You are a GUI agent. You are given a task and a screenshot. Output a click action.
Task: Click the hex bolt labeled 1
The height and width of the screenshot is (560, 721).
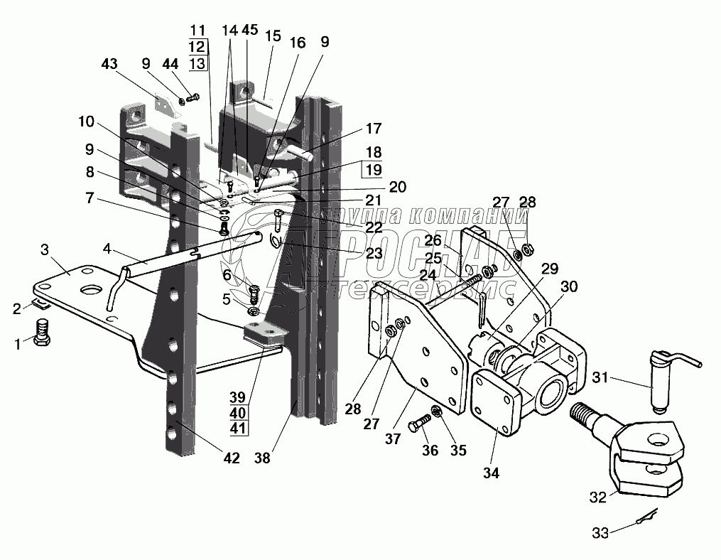(42, 332)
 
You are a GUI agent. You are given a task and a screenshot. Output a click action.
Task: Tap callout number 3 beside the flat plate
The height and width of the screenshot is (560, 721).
(45, 250)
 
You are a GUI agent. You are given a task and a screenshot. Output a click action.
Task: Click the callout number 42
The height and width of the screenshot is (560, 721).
(232, 458)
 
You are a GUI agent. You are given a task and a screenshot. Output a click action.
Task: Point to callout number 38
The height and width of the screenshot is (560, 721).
(263, 458)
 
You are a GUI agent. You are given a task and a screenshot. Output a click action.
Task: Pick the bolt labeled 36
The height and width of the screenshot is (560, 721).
(419, 422)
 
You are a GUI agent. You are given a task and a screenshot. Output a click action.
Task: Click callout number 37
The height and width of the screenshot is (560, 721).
(393, 439)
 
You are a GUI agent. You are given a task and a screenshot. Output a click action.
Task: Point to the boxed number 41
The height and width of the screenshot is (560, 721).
(238, 429)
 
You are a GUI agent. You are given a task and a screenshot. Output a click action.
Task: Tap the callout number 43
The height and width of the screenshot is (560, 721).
(109, 63)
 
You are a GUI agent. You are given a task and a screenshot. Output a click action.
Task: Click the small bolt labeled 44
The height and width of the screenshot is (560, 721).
(193, 97)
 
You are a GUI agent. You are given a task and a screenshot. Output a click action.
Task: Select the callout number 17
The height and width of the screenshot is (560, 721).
(374, 128)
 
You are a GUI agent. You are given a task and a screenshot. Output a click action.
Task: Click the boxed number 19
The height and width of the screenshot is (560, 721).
(374, 170)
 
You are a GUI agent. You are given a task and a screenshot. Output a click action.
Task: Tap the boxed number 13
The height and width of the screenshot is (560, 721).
(197, 63)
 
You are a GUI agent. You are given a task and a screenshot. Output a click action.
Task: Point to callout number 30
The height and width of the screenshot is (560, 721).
(569, 286)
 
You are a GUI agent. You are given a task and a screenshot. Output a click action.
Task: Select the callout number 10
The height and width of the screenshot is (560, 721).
(86, 122)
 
